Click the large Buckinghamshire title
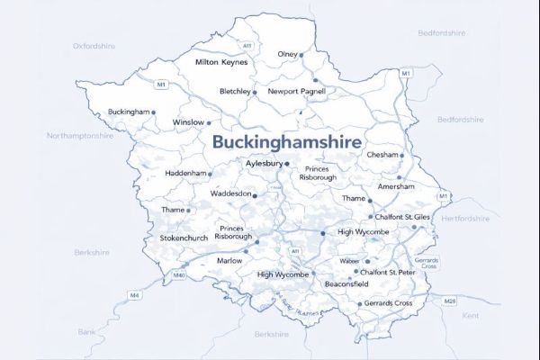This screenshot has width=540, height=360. pos(287,142)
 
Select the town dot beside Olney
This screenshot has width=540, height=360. pos(301,55)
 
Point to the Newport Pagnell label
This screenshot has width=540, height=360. pos(300,92)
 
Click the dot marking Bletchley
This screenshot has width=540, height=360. pos(255,92)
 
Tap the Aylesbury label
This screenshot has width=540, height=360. pos(265,164)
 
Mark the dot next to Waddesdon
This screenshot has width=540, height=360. pos(255,194)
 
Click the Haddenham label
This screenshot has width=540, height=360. pos(186,173)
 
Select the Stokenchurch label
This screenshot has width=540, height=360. pos(184,238)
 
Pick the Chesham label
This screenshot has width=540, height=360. pos(382,155)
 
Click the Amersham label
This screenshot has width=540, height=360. pos(397,186)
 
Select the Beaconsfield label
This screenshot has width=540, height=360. pos(346,283)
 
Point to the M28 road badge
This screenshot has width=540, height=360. pos(450,299)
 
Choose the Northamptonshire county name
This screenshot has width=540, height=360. pos(80,136)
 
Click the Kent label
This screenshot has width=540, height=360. pos(471,316)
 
